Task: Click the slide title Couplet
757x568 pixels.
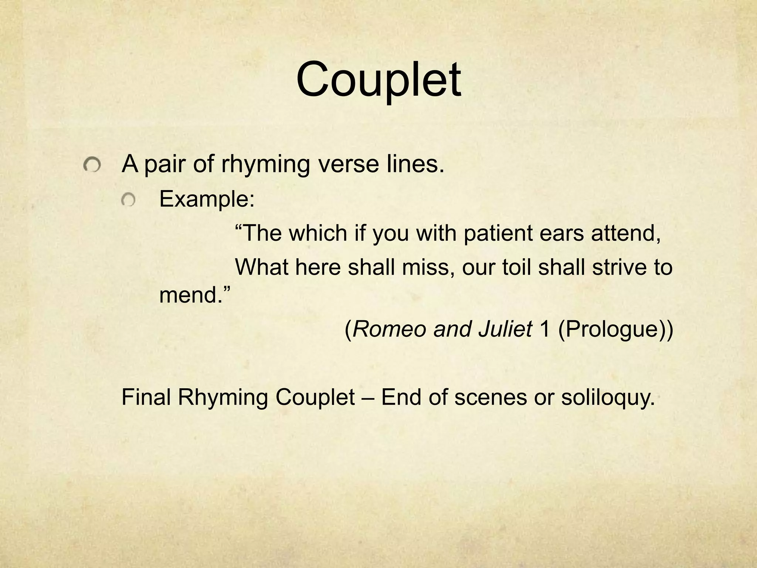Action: (378, 80)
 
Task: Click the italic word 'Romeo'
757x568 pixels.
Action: (389, 329)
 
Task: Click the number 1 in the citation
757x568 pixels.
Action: (545, 329)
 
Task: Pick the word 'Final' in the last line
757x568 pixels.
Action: (146, 397)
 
